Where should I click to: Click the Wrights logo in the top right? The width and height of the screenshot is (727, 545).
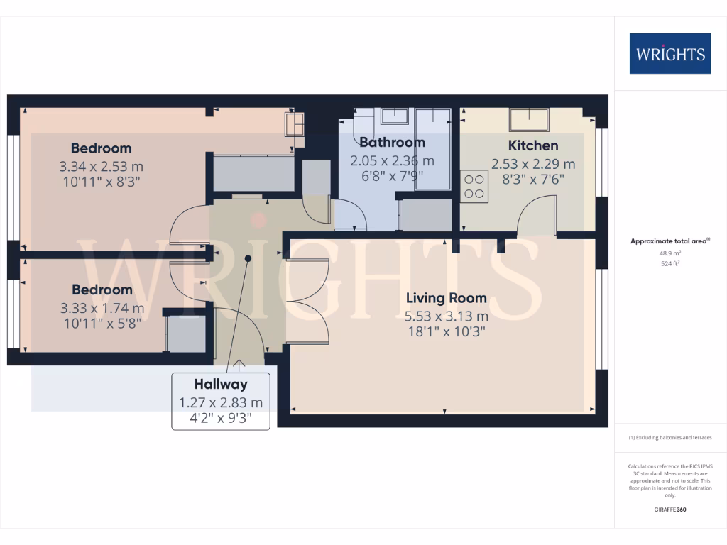coord(670,53)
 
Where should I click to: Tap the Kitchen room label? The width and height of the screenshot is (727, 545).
coord(534,145)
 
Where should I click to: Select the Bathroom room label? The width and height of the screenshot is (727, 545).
coord(392,142)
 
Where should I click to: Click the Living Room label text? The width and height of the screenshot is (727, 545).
coord(446,298)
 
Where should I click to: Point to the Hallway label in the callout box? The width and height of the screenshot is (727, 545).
coord(221,385)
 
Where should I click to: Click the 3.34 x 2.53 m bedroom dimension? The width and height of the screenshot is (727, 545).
coord(101,167)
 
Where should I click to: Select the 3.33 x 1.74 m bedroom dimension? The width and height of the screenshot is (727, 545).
coord(102,308)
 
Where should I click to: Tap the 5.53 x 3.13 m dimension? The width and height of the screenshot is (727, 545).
coord(446,316)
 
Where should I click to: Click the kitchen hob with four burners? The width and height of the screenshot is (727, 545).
coord(474,187)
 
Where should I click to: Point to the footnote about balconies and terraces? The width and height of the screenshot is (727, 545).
coord(669,438)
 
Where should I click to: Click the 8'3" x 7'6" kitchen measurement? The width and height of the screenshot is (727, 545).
coord(534,180)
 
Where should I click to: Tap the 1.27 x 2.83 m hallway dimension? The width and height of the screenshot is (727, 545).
coord(221,403)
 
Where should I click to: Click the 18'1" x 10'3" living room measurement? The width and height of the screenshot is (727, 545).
coord(446,331)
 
